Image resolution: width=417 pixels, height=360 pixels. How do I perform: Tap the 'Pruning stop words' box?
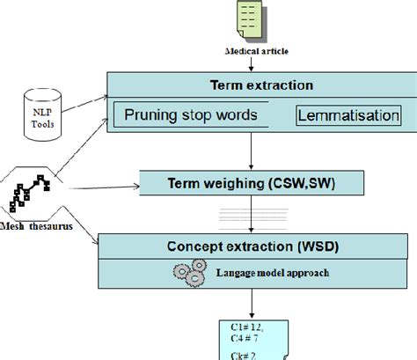(x=190, y=114)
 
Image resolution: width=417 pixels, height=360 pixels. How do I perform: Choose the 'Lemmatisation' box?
(x=342, y=115)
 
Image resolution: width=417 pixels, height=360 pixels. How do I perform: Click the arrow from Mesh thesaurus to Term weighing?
(x=106, y=187)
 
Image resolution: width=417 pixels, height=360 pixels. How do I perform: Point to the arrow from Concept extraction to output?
(x=252, y=304)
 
